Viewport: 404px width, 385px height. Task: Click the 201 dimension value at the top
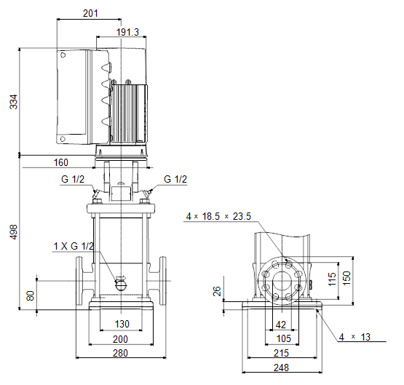click(x=90, y=13)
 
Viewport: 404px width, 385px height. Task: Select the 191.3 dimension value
click(x=127, y=32)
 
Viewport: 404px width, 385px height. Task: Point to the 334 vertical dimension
click(x=14, y=102)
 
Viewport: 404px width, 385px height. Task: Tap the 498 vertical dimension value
click(x=14, y=231)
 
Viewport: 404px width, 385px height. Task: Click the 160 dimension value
click(x=61, y=162)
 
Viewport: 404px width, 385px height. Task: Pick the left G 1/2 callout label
click(x=73, y=179)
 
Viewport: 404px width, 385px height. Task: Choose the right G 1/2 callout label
click(x=175, y=179)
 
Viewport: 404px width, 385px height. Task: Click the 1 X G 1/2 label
click(x=74, y=246)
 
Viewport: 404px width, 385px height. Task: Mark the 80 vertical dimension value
click(x=31, y=295)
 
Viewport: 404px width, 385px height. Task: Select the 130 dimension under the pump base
click(x=122, y=324)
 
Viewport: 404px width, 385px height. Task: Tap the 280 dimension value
click(x=120, y=353)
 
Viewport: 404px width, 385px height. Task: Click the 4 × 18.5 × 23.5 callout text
click(x=218, y=216)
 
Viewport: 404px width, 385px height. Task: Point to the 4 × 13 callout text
click(x=355, y=337)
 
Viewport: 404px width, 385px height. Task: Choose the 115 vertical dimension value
click(x=333, y=279)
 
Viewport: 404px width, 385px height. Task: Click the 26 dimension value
click(x=217, y=291)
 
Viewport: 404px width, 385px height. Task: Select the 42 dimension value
click(x=281, y=325)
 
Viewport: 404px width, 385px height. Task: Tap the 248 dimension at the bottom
click(x=281, y=368)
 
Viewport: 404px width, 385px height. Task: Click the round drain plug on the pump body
click(x=121, y=285)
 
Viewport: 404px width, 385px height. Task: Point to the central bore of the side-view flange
click(x=282, y=281)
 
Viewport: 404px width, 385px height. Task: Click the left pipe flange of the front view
click(x=79, y=281)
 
